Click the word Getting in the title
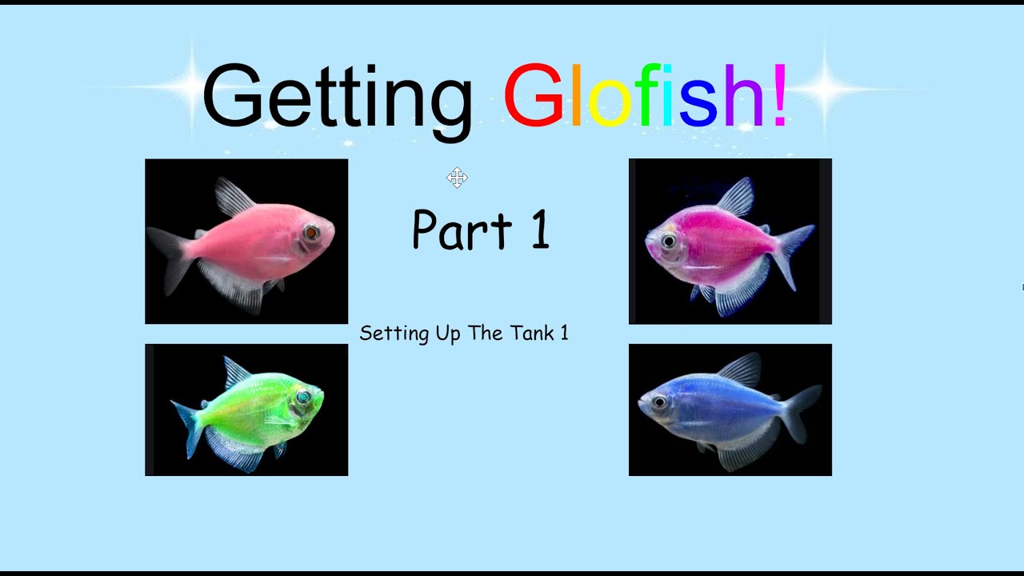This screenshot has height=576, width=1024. pos(336,96)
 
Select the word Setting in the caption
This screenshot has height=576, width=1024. pos(394,334)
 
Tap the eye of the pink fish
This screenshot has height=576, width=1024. pos(311,233)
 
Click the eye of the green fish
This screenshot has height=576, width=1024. pos(303,397)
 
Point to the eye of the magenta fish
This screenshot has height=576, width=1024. pos(669,240)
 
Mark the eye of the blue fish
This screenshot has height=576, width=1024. pos(659,402)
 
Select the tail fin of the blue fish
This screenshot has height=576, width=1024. pos(801,411)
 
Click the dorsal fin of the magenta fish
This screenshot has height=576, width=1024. pos(737,196)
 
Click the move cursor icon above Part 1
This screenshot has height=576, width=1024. pos(457,178)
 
